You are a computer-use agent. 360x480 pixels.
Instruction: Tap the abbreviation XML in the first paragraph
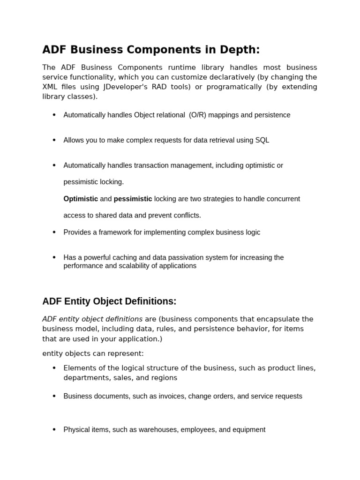[50, 87]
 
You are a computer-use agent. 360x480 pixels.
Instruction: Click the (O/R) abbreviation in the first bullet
[197, 115]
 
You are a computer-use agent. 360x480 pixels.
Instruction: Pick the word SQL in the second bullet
[262, 140]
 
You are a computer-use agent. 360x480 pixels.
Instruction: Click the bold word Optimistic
[81, 199]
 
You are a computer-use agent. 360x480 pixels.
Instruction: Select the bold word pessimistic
[133, 199]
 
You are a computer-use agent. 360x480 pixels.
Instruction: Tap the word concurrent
[282, 199]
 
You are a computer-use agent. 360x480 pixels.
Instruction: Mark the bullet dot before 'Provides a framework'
[54, 232]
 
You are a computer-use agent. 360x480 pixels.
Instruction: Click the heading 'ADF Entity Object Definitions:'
[109, 301]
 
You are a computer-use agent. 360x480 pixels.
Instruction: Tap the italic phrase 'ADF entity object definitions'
[92, 319]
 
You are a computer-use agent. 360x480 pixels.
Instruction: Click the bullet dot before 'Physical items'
[54, 429]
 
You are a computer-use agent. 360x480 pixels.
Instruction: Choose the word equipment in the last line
[248, 429]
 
